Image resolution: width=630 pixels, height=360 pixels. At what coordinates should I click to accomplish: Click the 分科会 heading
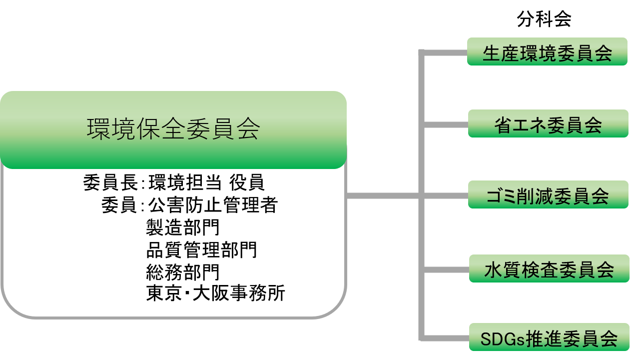click(544, 19)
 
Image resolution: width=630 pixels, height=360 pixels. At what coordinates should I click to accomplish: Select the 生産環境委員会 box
click(547, 51)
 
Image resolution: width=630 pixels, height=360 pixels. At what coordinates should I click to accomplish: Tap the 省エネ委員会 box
click(548, 123)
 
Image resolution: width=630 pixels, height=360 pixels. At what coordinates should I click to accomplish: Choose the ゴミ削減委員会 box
click(548, 194)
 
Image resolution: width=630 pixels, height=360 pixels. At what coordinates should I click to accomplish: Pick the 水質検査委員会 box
click(549, 268)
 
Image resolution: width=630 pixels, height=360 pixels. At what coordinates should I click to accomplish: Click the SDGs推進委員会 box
click(549, 337)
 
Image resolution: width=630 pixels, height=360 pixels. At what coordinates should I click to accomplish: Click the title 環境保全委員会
click(173, 129)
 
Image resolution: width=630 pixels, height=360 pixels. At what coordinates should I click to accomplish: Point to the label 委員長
click(110, 182)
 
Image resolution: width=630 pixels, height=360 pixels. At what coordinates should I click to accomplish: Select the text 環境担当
click(185, 182)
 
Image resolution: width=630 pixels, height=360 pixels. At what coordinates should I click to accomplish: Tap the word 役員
click(247, 182)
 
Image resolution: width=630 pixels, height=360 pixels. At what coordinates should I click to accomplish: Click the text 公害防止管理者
click(213, 204)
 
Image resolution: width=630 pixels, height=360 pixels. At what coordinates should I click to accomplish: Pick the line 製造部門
click(182, 227)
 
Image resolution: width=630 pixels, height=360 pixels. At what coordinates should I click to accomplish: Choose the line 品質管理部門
click(201, 249)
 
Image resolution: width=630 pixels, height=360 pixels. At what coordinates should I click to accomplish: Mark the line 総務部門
click(182, 272)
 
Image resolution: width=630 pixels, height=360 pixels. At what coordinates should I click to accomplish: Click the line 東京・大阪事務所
click(215, 293)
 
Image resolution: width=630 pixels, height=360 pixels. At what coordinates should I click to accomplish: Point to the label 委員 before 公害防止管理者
click(119, 204)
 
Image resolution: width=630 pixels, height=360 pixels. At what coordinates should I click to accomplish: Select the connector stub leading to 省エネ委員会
click(446, 124)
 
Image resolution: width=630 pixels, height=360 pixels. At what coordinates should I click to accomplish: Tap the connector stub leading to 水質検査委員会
click(447, 270)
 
